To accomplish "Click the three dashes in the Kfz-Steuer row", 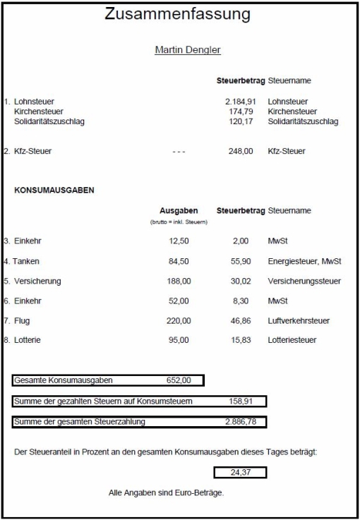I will tap(179, 152).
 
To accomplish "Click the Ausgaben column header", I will tap(179, 210).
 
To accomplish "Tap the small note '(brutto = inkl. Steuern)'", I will tap(179, 222).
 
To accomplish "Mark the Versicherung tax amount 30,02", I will tap(240, 282).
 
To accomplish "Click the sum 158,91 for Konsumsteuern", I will tap(240, 401).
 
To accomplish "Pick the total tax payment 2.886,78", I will tap(239, 422).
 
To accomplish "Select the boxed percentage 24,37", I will tap(240, 472).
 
